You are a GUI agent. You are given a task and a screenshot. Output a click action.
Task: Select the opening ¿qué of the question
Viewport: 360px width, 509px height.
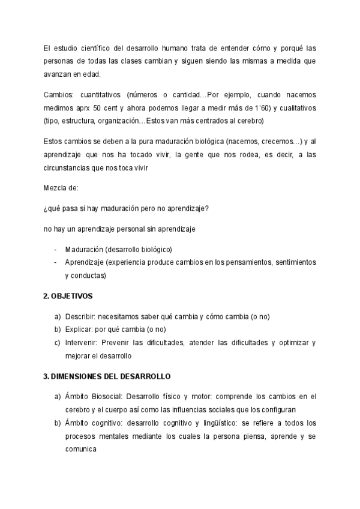(x=52, y=209)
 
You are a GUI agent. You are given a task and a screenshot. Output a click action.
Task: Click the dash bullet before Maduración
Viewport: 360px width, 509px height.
(x=56, y=250)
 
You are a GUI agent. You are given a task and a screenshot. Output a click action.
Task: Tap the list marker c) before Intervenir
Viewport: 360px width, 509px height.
(x=57, y=343)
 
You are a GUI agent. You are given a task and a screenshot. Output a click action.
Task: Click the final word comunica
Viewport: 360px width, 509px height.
(x=81, y=448)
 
